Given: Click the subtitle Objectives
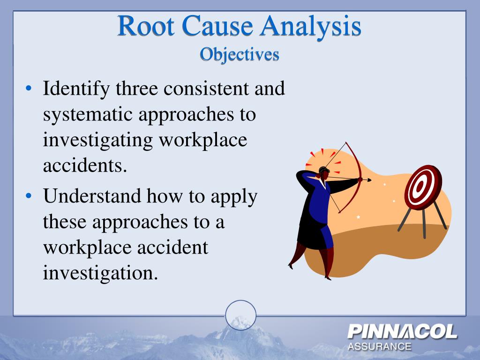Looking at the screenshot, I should coord(240,55).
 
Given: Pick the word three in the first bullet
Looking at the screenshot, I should coord(134,88).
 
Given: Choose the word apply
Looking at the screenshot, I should coord(234,195).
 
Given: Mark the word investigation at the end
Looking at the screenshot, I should coord(100,272).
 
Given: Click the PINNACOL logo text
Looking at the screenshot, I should coord(402,332).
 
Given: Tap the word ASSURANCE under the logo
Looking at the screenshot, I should coord(379,347).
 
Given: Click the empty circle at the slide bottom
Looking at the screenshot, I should coord(240,315).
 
